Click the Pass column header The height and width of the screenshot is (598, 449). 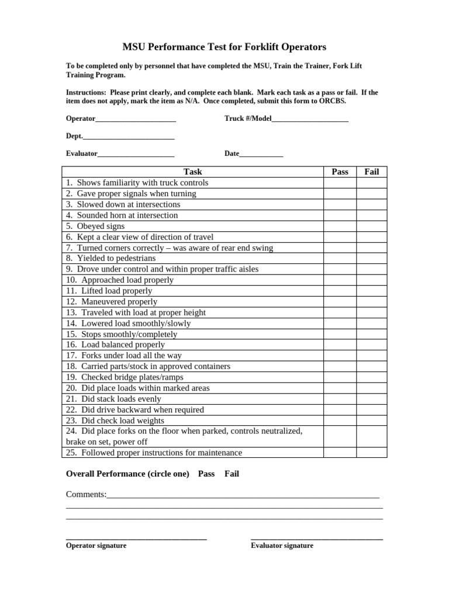[x=340, y=172]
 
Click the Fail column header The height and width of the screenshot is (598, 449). [x=372, y=172]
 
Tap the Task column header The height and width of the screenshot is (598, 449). [x=193, y=172]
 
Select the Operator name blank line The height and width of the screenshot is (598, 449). [x=136, y=119]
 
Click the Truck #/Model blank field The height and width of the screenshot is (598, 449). [x=310, y=119]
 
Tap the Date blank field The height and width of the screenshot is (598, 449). [x=261, y=155]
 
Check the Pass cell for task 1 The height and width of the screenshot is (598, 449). [x=340, y=183]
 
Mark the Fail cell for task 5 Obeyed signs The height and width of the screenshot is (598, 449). [x=372, y=226]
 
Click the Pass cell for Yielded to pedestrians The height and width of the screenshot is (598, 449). [x=340, y=258]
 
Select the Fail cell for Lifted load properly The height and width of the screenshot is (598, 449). [x=372, y=291]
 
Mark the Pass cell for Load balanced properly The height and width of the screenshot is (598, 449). [x=340, y=345]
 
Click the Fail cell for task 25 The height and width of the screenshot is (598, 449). [x=372, y=453]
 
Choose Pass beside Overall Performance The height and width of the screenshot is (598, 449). [x=206, y=474]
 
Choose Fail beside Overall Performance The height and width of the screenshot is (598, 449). [x=232, y=474]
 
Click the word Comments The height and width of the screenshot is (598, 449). [x=86, y=495]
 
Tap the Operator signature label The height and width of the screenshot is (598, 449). [x=96, y=545]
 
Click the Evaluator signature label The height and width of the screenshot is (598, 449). [x=282, y=545]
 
